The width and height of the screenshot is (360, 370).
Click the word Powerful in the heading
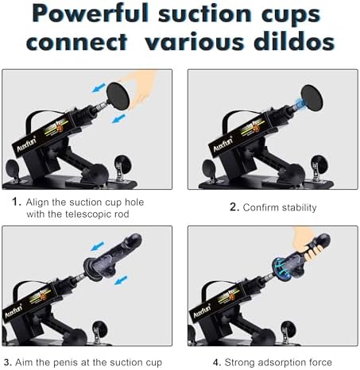coord(90,13)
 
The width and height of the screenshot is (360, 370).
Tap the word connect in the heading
coord(77,42)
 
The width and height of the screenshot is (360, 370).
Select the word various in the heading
coord(195,41)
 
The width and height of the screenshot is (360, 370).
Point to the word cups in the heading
coord(291,15)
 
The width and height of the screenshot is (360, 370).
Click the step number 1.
coord(17,202)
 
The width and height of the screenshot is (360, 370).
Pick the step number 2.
coord(234,207)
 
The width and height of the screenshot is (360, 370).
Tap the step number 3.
coord(7,362)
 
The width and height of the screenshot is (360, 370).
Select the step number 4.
coord(217,362)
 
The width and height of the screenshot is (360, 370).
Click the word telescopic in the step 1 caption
coord(88,214)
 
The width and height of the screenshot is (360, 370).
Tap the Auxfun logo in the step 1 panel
coord(26,145)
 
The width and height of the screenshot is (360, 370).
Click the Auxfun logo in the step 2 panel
coord(223,145)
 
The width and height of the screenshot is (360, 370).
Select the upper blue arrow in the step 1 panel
coord(99,87)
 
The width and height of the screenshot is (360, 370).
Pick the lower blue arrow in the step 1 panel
coord(118,118)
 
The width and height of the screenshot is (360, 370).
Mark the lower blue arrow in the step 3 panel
coord(121,280)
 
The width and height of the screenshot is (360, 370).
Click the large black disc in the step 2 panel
coord(312,98)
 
